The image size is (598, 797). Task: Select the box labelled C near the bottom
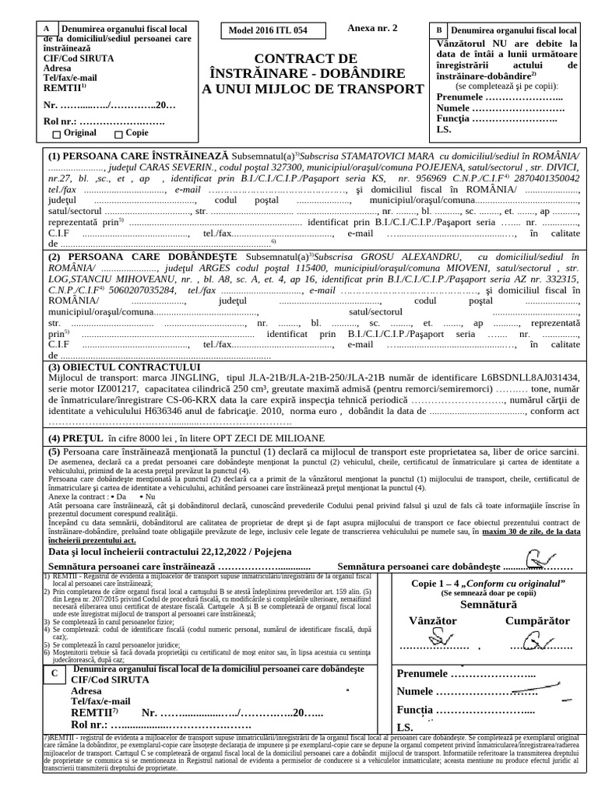tap(54, 674)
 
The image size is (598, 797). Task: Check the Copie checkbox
tap(118, 134)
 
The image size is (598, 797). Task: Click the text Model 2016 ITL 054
tap(267, 31)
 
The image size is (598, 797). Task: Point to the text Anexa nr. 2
tap(372, 28)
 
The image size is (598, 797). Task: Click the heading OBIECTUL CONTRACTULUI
tap(125, 367)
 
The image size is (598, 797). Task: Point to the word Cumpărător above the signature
tap(537, 620)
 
